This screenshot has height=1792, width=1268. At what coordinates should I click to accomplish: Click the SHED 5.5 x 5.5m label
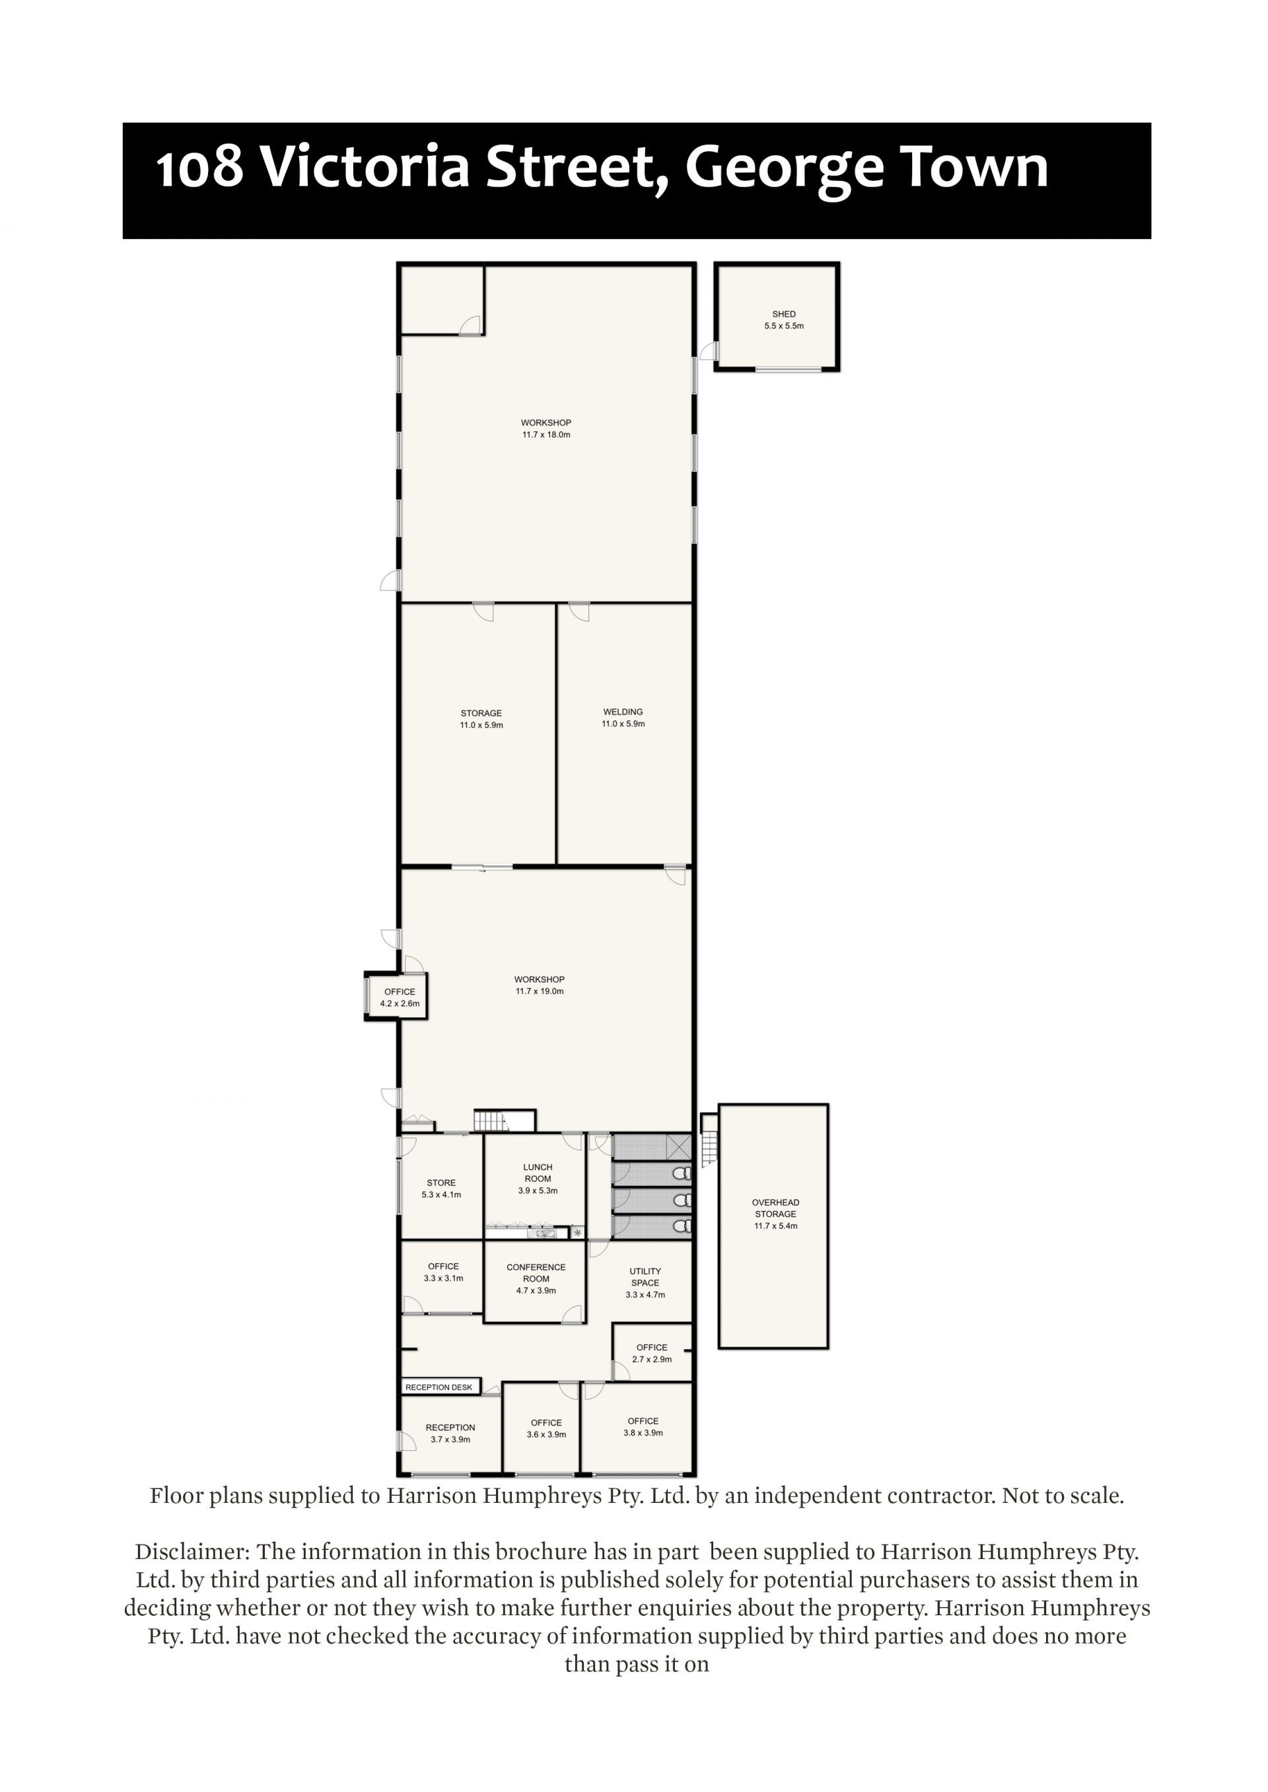[783, 320]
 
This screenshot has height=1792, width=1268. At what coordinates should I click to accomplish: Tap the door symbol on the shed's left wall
[707, 351]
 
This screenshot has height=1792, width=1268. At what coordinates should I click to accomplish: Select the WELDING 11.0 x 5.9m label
[623, 717]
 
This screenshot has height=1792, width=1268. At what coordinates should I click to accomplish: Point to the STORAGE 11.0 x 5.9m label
[481, 719]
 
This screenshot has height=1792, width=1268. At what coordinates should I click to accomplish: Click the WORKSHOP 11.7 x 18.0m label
[547, 428]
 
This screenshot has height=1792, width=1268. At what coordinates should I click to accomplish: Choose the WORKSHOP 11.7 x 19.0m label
[540, 985]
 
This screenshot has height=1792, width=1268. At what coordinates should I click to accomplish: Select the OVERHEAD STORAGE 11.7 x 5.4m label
[775, 1214]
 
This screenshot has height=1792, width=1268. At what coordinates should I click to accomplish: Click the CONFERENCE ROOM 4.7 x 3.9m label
[536, 1278]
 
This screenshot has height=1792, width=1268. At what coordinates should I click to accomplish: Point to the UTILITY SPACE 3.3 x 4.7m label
[645, 1282]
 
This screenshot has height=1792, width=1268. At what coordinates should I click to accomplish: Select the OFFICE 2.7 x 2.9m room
[652, 1352]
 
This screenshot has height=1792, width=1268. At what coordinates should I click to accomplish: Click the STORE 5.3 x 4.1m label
[441, 1188]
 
